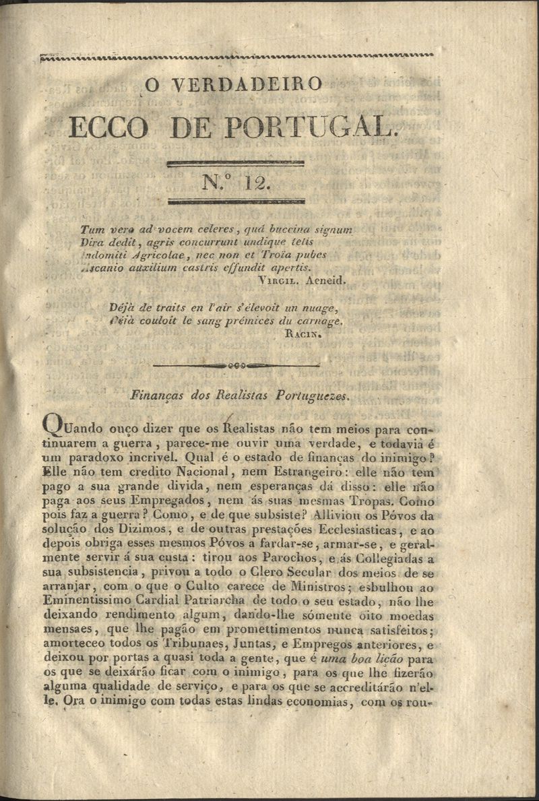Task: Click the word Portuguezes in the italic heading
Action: [x=313, y=396]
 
